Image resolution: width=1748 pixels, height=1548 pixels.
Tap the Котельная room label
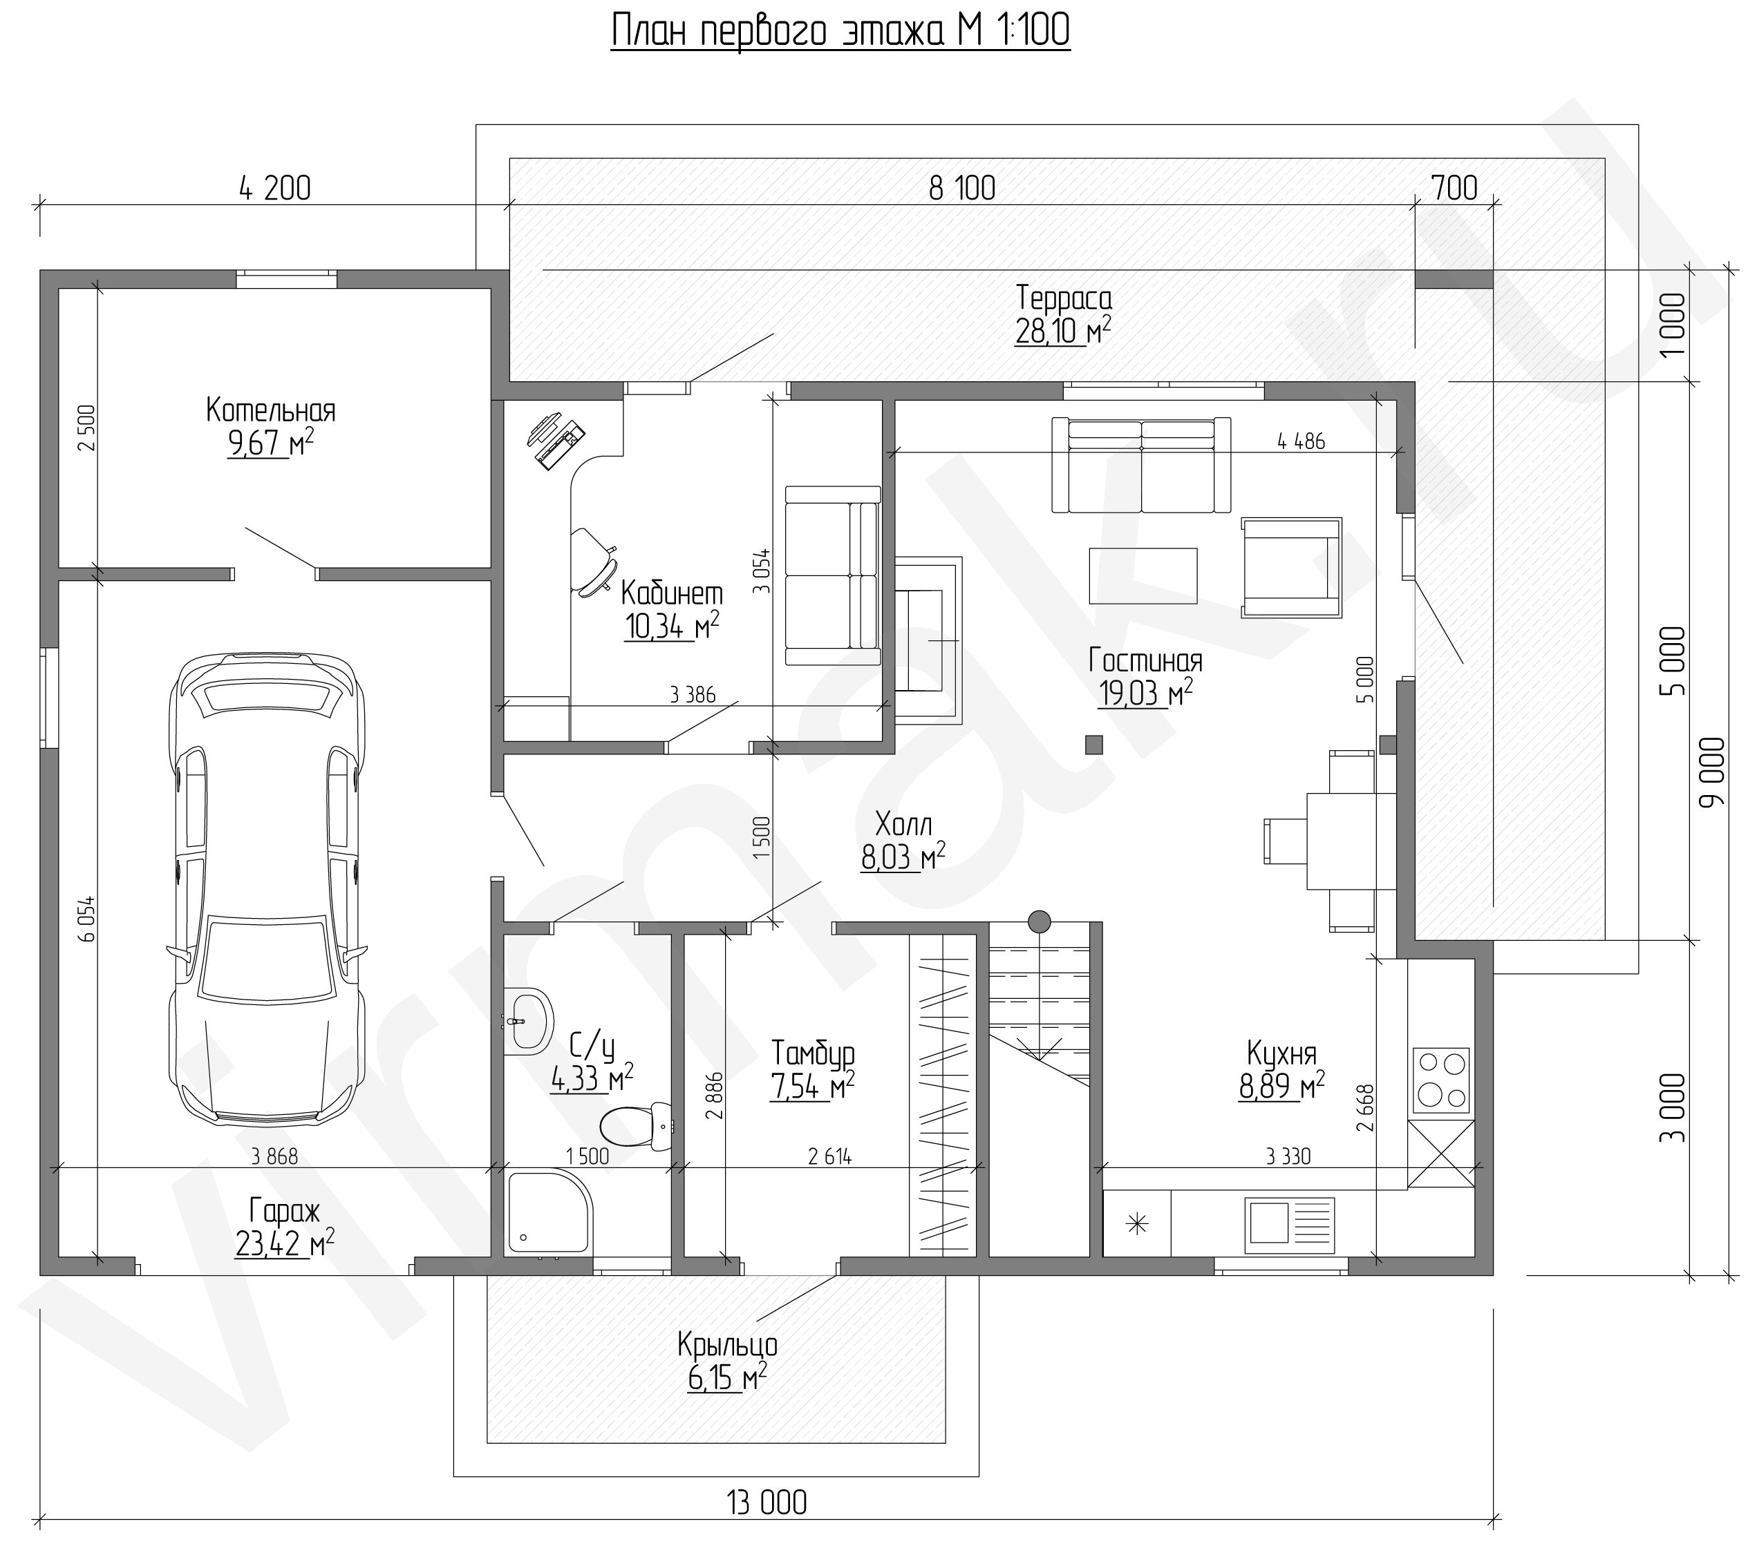point(271,411)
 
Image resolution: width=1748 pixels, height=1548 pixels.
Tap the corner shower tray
point(548,1213)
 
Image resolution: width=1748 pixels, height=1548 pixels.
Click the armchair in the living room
point(1291,566)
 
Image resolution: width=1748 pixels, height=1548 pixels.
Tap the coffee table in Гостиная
point(1143,575)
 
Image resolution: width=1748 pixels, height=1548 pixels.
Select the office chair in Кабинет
point(594,561)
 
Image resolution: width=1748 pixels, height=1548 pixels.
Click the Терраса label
point(1064,299)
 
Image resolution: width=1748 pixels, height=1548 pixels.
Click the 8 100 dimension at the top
point(962,188)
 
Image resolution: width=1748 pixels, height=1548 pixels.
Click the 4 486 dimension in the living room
point(1301,441)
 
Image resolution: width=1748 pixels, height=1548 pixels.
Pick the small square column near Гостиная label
point(1093,745)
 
